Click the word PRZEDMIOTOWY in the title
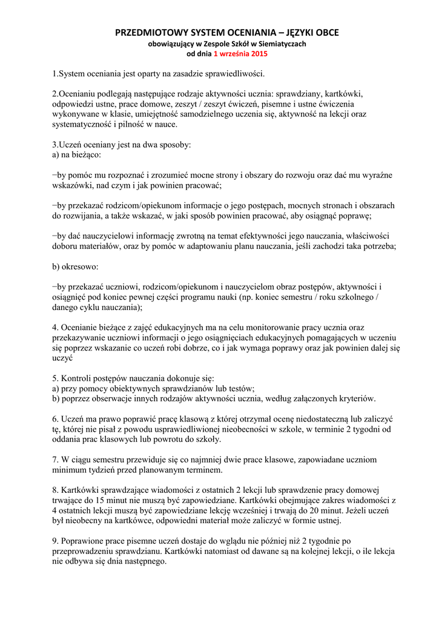pos(147,32)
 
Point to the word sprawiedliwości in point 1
pos(237,74)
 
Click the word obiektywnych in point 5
pos(122,388)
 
